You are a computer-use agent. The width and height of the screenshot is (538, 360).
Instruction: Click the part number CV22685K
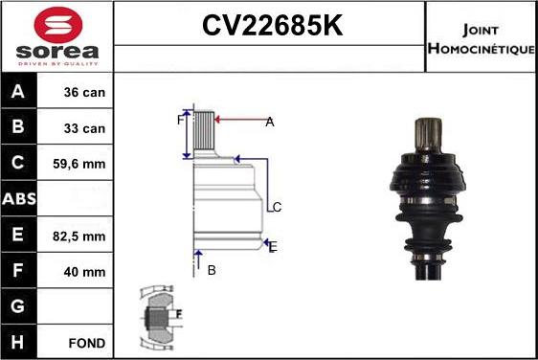273,26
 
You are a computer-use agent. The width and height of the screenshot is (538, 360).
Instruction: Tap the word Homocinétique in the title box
482,49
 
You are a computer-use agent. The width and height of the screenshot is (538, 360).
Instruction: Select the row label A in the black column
18,91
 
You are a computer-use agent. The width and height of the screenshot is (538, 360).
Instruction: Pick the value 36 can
84,92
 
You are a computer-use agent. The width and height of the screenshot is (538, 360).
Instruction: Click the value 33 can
84,128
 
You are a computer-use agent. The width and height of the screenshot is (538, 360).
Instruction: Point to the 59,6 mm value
78,164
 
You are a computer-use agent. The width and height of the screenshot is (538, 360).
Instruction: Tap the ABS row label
19,199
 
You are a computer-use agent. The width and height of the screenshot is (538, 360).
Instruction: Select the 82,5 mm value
78,236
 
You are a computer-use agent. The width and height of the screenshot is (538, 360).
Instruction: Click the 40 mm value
84,272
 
